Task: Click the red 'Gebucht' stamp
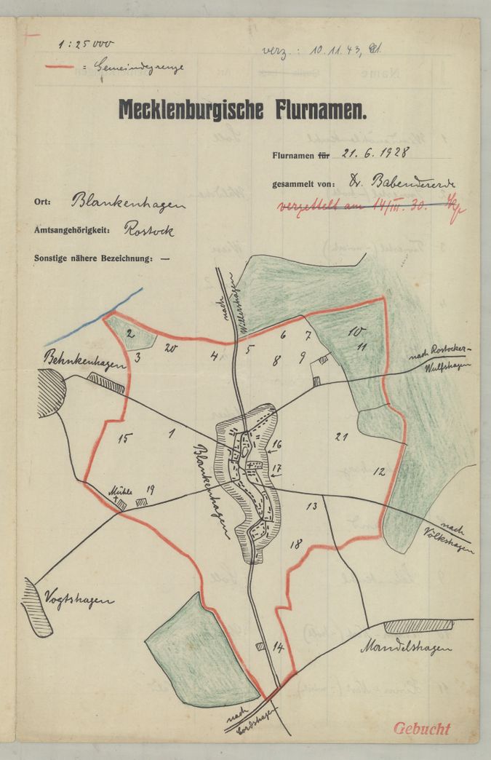pos(422,729)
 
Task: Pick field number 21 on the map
pos(339,436)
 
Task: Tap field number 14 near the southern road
pos(277,646)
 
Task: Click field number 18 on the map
pos(295,544)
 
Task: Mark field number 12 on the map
pos(379,471)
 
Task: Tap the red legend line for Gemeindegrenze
pos(60,66)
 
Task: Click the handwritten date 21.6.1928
pos(375,153)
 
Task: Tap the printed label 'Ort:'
pos(41,202)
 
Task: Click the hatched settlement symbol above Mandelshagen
pos(418,625)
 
